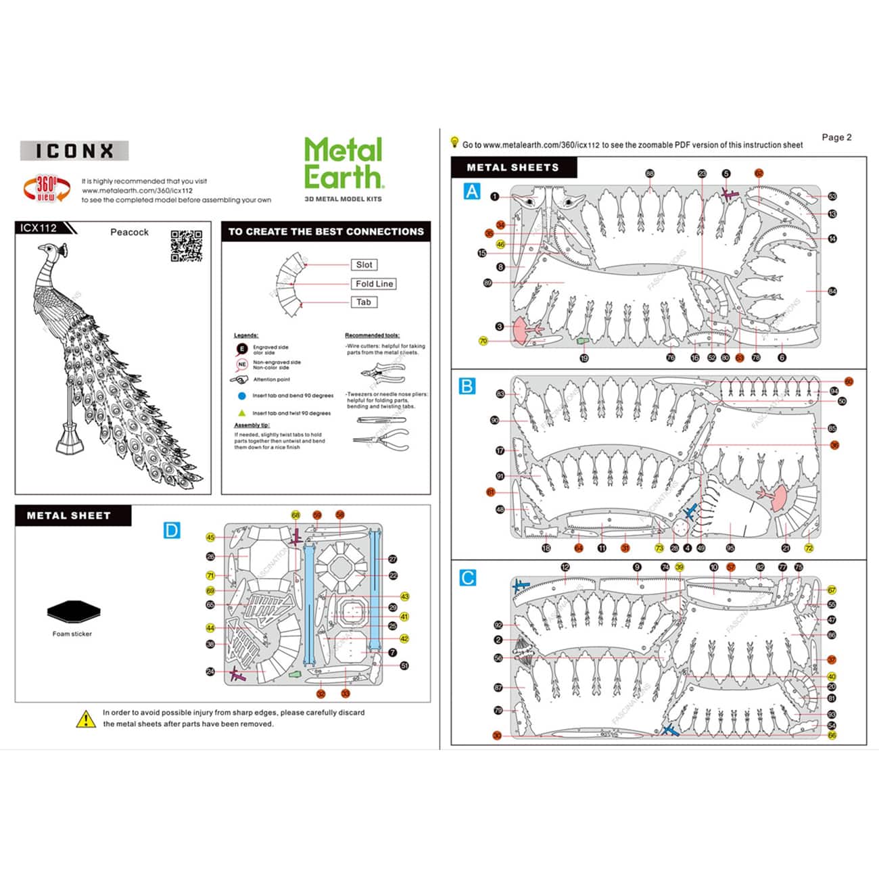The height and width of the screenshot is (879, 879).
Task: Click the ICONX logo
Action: pyautogui.click(x=74, y=151)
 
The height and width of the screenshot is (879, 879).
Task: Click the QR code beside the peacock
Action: pyautogui.click(x=187, y=246)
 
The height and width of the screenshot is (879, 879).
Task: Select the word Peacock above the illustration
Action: pyautogui.click(x=129, y=232)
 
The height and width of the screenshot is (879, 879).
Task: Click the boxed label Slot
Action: pyautogui.click(x=364, y=265)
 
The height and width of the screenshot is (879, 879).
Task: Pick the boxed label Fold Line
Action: pyautogui.click(x=374, y=284)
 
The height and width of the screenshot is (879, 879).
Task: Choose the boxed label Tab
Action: pyautogui.click(x=364, y=302)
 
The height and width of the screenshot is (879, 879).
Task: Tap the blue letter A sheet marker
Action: pyautogui.click(x=472, y=191)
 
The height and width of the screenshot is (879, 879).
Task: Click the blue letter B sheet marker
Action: pyautogui.click(x=467, y=386)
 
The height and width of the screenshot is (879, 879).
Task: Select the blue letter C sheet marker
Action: pyautogui.click(x=467, y=578)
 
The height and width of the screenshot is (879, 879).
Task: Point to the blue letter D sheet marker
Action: pyautogui.click(x=172, y=531)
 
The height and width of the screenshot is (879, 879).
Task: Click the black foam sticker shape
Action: pyautogui.click(x=74, y=612)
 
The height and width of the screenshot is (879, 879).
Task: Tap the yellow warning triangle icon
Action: pyautogui.click(x=86, y=719)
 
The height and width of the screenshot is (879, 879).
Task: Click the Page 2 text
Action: pyautogui.click(x=836, y=137)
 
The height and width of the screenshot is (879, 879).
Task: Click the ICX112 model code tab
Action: pyautogui.click(x=39, y=229)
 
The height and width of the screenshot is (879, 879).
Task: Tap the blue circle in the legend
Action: pyautogui.click(x=241, y=396)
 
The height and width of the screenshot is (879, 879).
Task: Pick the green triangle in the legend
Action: pyautogui.click(x=241, y=412)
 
